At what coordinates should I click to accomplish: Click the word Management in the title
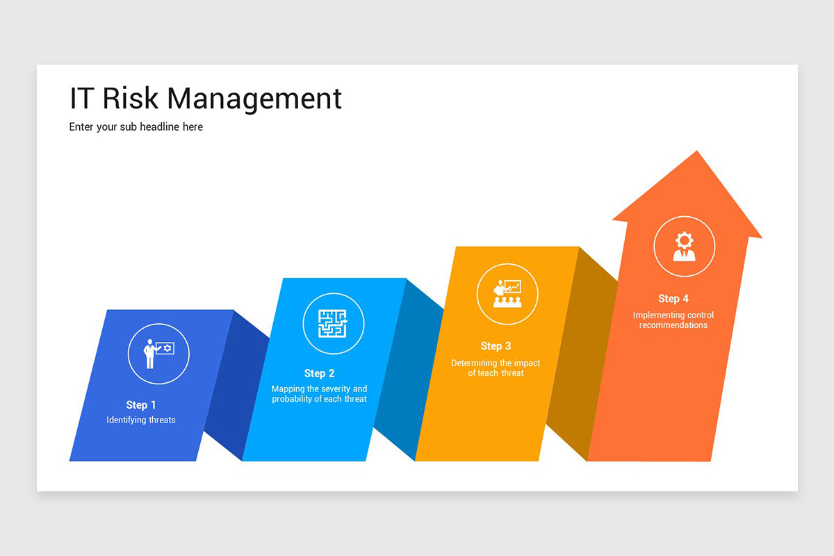(254, 99)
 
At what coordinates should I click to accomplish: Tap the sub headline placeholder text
(136, 127)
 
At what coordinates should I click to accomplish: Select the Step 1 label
(141, 405)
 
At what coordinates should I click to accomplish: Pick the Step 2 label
(319, 374)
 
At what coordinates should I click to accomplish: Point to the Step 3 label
(496, 346)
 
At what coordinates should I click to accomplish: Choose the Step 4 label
(673, 299)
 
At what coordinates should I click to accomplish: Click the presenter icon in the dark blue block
(158, 354)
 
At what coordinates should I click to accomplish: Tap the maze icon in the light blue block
(333, 323)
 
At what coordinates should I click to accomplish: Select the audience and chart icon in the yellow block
(507, 293)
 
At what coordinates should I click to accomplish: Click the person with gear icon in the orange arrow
(684, 247)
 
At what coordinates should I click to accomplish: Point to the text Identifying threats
(141, 420)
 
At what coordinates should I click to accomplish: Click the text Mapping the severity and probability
(319, 394)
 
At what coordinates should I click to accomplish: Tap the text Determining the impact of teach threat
(496, 368)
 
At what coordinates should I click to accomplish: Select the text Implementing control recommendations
(673, 320)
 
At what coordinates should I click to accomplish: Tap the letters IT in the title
(81, 99)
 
